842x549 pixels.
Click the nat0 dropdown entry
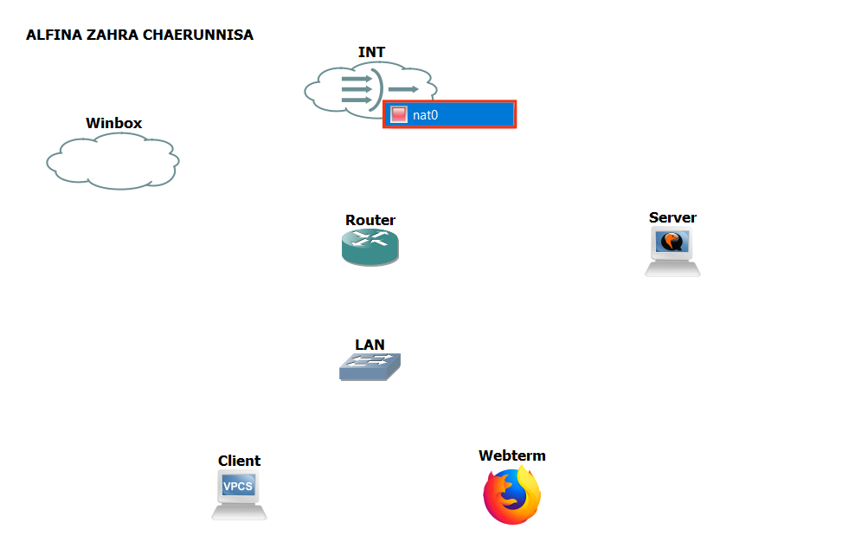(x=450, y=115)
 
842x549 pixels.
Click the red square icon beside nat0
(x=399, y=115)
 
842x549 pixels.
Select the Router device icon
(x=370, y=248)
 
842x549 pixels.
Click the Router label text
(x=370, y=220)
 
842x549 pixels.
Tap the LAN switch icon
(x=370, y=367)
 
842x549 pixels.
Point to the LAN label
(x=370, y=345)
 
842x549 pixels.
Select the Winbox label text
(x=113, y=123)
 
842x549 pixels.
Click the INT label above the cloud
(x=371, y=53)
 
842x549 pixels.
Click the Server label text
(x=672, y=217)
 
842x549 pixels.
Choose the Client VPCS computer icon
(x=239, y=494)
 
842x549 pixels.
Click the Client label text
(x=239, y=461)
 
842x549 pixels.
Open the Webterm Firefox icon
(x=512, y=495)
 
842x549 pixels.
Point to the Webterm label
(x=512, y=455)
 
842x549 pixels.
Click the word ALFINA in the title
(x=52, y=36)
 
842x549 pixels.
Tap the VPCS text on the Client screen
(x=238, y=487)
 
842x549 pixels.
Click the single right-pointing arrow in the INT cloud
(x=403, y=89)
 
